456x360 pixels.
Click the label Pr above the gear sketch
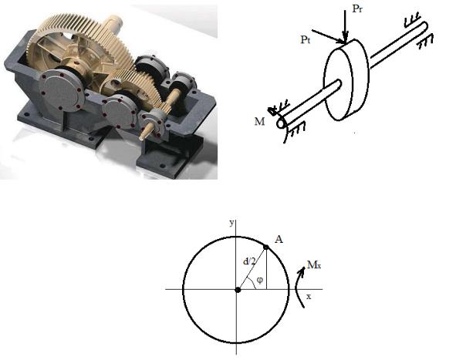point(357,8)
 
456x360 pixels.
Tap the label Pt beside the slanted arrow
point(306,39)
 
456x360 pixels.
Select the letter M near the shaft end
point(259,121)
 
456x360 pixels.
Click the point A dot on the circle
point(265,247)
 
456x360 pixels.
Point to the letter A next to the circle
point(279,239)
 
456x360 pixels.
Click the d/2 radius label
point(249,261)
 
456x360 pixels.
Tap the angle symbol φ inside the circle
point(260,280)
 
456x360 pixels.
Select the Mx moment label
point(314,264)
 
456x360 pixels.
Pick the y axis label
point(231,223)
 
